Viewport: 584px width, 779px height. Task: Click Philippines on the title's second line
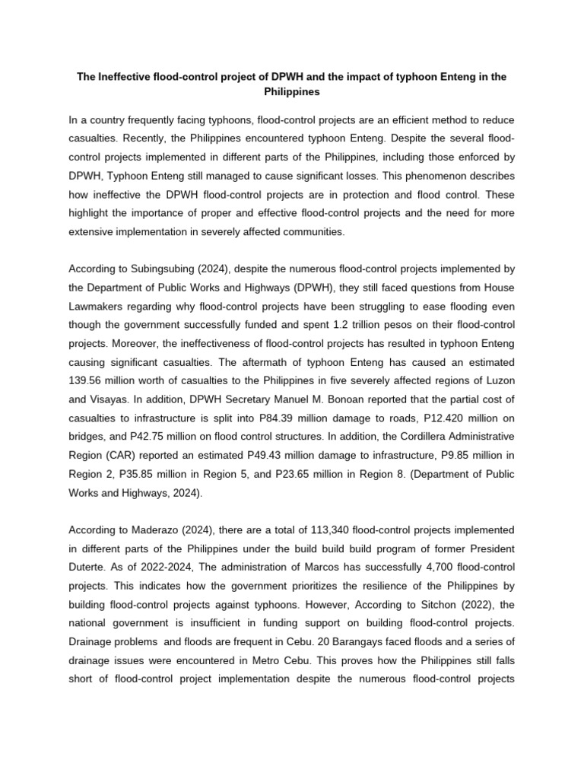tap(291, 91)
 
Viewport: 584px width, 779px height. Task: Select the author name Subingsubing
tap(161, 269)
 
